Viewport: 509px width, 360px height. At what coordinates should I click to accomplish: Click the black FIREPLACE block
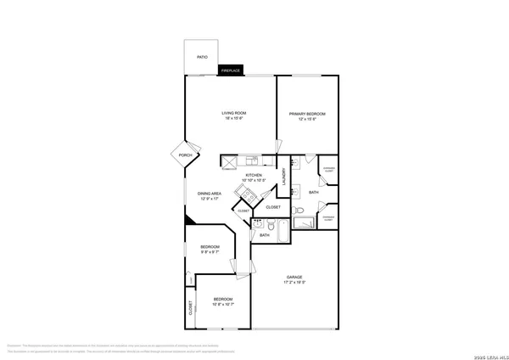230,70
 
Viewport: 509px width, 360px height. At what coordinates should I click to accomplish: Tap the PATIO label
202,57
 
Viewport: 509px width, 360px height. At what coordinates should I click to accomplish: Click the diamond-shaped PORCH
185,155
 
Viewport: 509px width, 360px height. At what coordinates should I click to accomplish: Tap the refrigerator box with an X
227,160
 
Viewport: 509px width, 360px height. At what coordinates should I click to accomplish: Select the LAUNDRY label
284,176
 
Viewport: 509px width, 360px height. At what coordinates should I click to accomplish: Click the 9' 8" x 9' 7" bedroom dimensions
210,252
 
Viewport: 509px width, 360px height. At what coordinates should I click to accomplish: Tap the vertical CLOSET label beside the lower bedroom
190,309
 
